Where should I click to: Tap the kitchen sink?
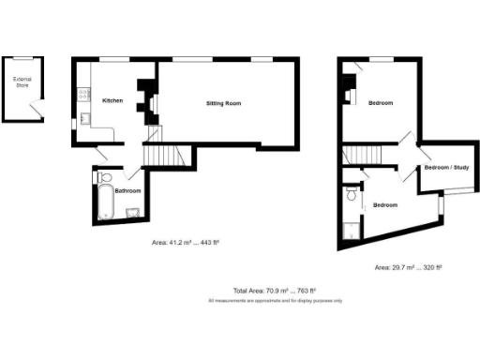click(82, 119)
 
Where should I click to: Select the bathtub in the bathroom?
click(104, 201)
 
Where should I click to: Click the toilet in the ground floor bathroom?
click(106, 175)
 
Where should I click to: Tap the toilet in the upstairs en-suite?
click(351, 195)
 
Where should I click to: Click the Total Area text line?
click(274, 291)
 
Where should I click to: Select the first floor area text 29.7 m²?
click(407, 267)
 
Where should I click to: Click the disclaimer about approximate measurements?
click(274, 301)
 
